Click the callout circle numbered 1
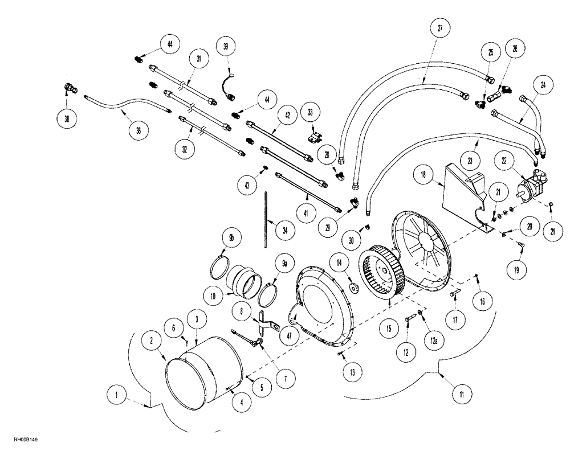pos(117,393)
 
